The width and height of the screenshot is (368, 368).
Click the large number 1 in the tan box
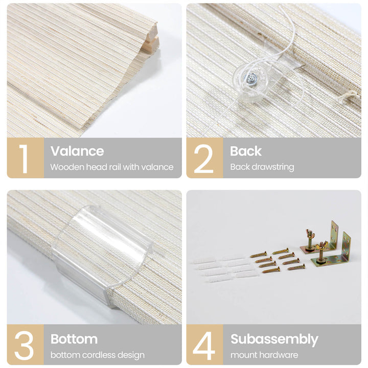click(x=24, y=158)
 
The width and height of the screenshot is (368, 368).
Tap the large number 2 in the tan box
click(x=203, y=158)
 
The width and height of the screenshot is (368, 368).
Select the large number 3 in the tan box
click(x=24, y=345)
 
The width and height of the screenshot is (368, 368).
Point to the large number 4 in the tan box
click(x=204, y=345)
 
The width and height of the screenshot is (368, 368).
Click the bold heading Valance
click(x=77, y=151)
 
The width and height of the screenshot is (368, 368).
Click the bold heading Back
click(x=245, y=151)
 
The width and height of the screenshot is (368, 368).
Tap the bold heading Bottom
click(x=74, y=339)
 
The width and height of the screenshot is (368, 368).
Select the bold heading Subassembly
click(x=274, y=339)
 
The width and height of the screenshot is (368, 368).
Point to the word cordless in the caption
click(x=98, y=355)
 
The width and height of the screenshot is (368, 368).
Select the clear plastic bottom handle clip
click(x=102, y=256)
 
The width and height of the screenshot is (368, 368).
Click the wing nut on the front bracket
click(x=321, y=246)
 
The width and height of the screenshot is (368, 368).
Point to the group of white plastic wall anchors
click(x=223, y=269)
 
